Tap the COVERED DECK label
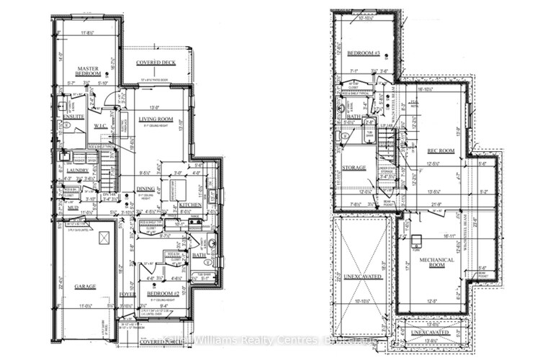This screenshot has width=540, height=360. (x=155, y=63)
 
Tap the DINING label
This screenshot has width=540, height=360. (x=145, y=189)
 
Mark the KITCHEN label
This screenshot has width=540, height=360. (x=190, y=205)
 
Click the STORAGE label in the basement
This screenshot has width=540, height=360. (x=354, y=168)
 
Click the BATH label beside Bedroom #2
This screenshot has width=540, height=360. (x=199, y=255)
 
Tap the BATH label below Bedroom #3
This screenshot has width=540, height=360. (x=352, y=117)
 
